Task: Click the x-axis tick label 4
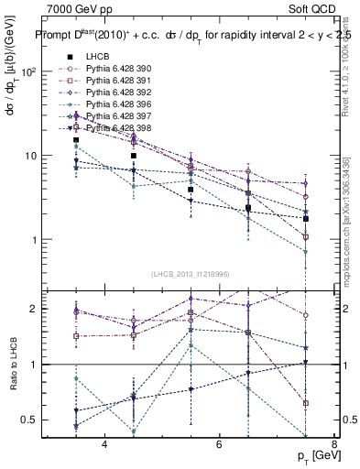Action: click(104, 445)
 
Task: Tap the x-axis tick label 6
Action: click(219, 445)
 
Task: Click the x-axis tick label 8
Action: click(334, 445)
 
